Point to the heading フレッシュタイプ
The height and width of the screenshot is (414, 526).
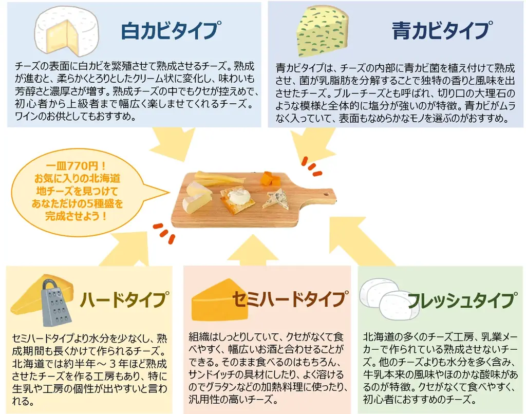point(462,299)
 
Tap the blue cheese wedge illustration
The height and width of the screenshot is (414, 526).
point(322,32)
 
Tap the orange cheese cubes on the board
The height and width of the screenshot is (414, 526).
point(271,179)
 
